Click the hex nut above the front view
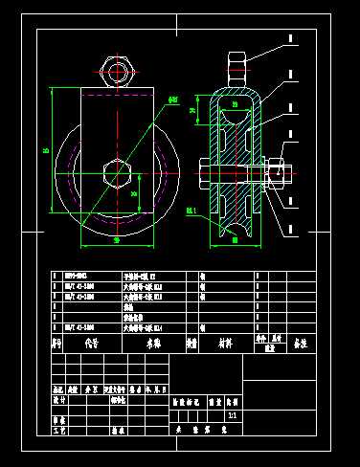point(116,70)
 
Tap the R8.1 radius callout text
point(191,210)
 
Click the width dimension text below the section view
point(235,240)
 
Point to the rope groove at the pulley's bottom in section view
point(235,226)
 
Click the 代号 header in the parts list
point(92,341)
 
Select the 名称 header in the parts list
point(153,341)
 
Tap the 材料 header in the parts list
point(224,341)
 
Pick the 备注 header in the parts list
point(301,341)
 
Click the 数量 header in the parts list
point(191,341)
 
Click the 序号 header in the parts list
point(57,341)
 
